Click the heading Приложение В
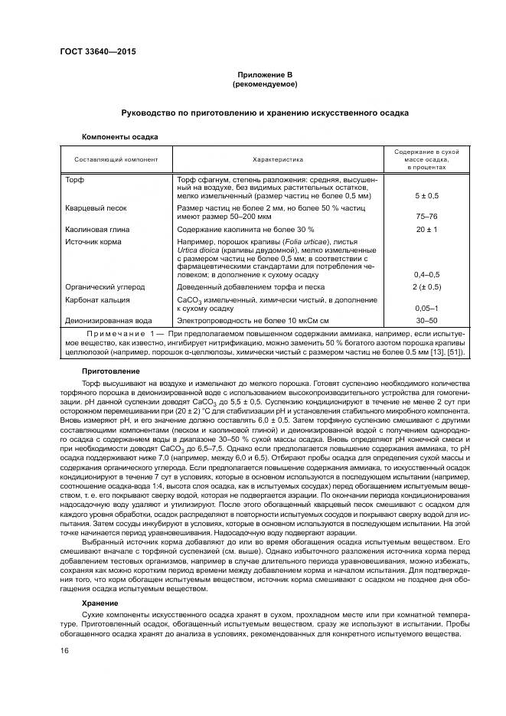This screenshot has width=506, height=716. (264, 74)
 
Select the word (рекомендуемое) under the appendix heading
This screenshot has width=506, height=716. (264, 83)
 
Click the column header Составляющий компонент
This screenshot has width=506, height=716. (116, 159)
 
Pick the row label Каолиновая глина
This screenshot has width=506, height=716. (97, 229)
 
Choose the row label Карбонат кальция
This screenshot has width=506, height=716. (97, 300)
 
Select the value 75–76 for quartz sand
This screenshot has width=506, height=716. (426, 216)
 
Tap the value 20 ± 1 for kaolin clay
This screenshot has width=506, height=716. (426, 229)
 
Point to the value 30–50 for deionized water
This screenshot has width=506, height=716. (426, 321)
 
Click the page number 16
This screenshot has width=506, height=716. (64, 650)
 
